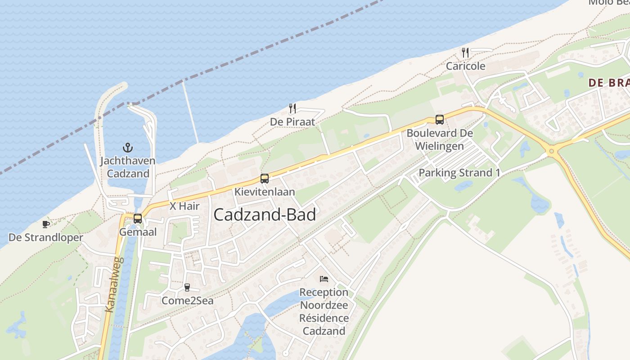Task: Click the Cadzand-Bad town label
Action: [x=265, y=215]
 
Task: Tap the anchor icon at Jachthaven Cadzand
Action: [x=128, y=147]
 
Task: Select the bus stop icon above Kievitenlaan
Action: [x=265, y=179]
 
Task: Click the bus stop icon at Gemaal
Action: [x=138, y=219]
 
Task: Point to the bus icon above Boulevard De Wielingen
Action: [x=440, y=120]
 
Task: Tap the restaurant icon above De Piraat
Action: [x=292, y=108]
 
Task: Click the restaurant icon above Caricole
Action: [x=465, y=53]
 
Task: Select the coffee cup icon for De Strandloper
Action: [x=45, y=224]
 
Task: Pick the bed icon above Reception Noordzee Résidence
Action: [x=324, y=279]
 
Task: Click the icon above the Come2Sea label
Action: [x=187, y=287]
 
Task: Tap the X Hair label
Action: [x=184, y=207]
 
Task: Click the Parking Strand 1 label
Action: [x=459, y=173]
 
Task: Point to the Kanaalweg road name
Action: [x=114, y=284]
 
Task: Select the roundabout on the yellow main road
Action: [x=552, y=152]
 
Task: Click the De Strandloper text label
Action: [x=46, y=238]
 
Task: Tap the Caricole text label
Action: [x=465, y=66]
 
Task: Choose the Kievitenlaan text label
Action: [x=265, y=192]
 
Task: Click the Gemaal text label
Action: [x=138, y=232]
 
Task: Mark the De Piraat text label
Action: [x=292, y=122]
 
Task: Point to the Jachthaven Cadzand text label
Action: [x=128, y=167]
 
